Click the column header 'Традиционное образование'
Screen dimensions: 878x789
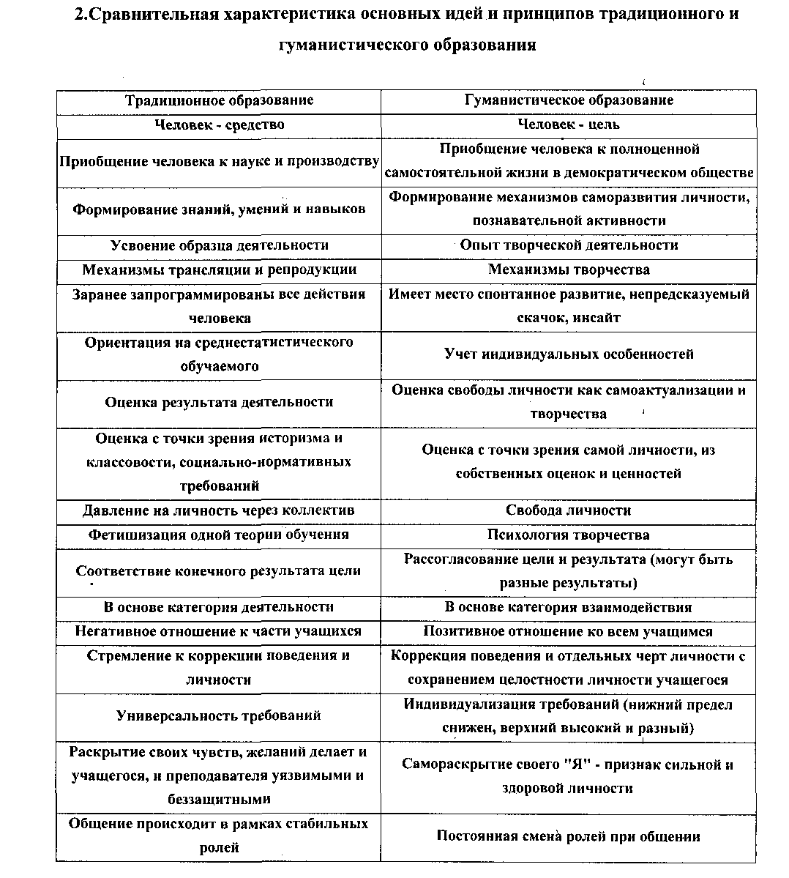(x=219, y=100)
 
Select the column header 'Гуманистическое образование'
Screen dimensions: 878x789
(x=569, y=100)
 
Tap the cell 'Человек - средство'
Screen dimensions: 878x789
(x=219, y=124)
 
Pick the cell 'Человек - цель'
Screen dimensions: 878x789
(x=569, y=124)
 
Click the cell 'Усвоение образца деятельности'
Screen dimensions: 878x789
(x=219, y=245)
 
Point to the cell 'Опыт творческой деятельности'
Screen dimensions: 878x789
(x=569, y=245)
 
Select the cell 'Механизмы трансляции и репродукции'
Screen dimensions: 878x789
(x=219, y=269)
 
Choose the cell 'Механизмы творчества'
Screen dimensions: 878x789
(x=569, y=269)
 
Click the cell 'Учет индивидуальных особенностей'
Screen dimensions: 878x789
(x=569, y=354)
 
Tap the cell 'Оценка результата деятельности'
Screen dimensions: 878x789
(x=219, y=402)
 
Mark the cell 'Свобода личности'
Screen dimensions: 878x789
(x=569, y=510)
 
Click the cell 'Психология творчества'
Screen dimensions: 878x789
(x=569, y=535)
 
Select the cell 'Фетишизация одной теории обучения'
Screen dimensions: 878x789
(x=219, y=535)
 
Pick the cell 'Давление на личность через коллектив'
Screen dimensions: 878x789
(x=219, y=510)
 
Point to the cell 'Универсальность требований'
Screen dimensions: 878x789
(x=219, y=715)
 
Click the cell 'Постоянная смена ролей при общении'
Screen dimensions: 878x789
(x=569, y=836)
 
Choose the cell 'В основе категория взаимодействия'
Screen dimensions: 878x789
(x=569, y=607)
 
